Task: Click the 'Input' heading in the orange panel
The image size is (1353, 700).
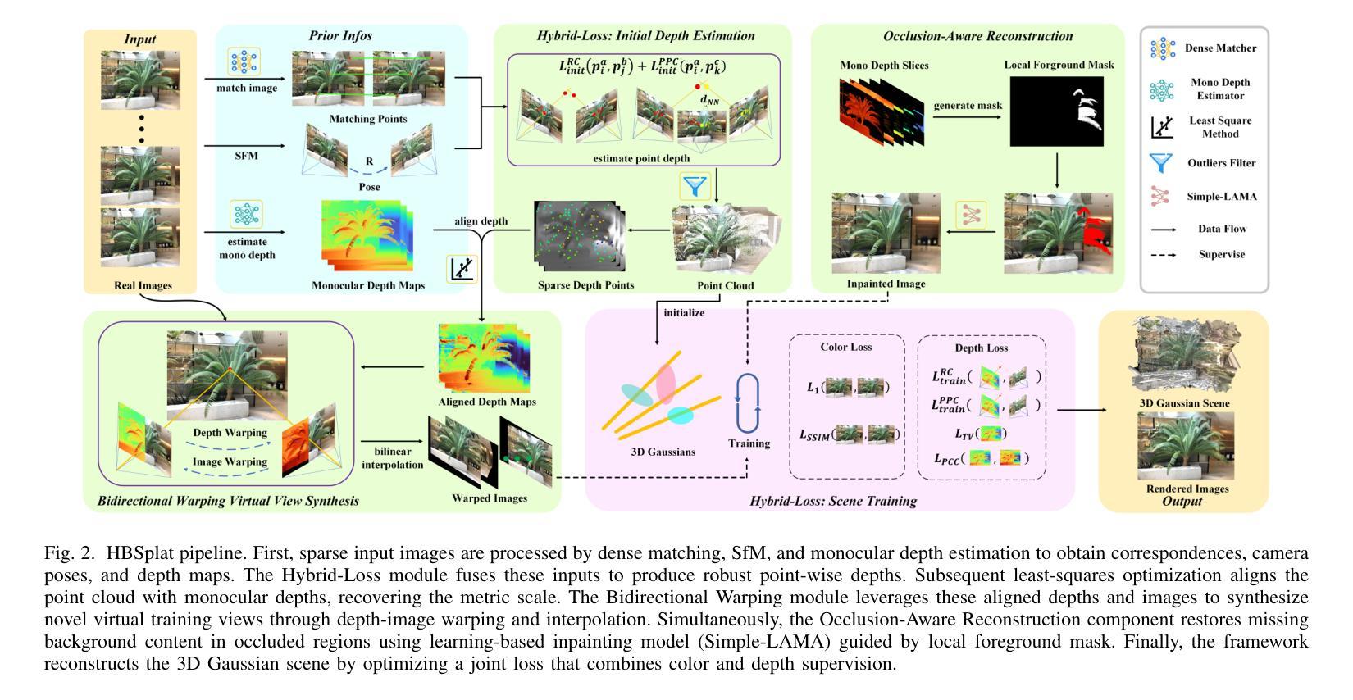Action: coord(139,39)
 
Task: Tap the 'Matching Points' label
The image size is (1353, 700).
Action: coord(368,119)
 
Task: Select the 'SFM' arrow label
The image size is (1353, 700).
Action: coord(247,156)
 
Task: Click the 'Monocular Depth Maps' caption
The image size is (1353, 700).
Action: coord(368,285)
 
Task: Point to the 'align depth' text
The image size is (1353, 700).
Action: coord(481,221)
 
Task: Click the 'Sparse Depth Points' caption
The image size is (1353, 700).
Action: coord(586,285)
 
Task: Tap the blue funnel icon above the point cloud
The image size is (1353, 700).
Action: coord(695,186)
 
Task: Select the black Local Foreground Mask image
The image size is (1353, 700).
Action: coord(1056,111)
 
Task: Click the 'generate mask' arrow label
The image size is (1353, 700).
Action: coord(968,106)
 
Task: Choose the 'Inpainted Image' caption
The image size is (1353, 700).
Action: coord(886,284)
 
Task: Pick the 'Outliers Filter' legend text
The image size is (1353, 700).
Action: coord(1221,163)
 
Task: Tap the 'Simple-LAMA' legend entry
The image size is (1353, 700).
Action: coord(1221,197)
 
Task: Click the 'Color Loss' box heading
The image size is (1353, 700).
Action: coord(845,348)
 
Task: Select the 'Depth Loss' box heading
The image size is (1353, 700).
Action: coord(981,348)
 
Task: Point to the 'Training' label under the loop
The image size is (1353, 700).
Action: coord(749,443)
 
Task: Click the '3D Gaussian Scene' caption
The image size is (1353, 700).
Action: coord(1184,403)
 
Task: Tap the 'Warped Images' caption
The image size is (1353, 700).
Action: coord(490,498)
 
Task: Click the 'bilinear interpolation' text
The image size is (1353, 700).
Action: coord(393,458)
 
